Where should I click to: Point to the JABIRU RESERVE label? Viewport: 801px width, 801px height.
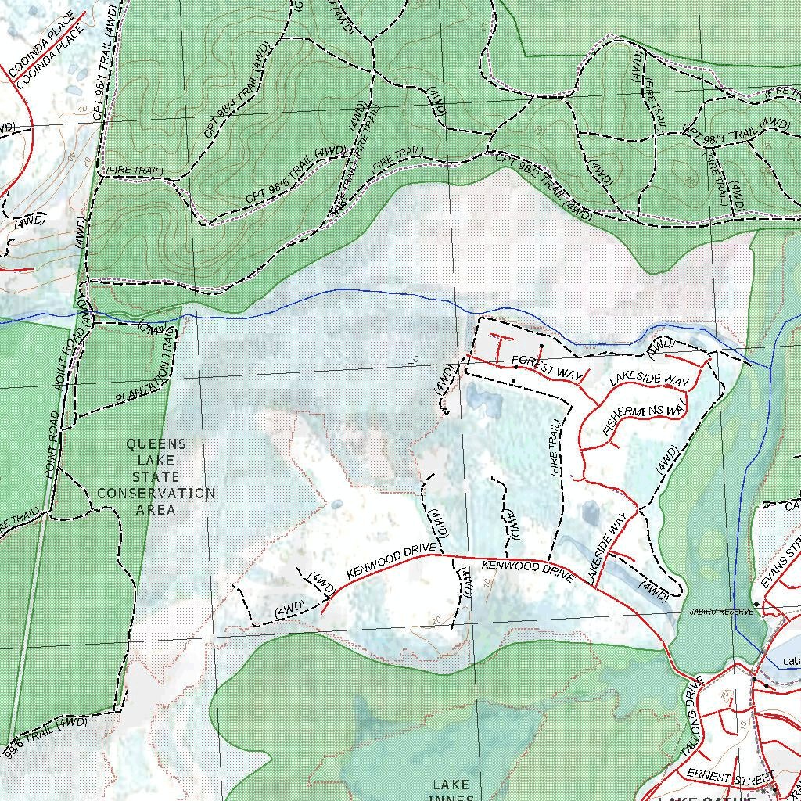click(721, 612)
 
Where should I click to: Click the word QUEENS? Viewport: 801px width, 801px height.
click(156, 444)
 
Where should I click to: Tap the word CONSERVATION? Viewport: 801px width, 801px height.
click(156, 494)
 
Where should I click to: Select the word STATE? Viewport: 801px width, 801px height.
click(156, 477)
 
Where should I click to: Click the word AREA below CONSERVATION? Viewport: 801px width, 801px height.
click(156, 510)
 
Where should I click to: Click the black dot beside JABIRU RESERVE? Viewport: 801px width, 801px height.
click(756, 605)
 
